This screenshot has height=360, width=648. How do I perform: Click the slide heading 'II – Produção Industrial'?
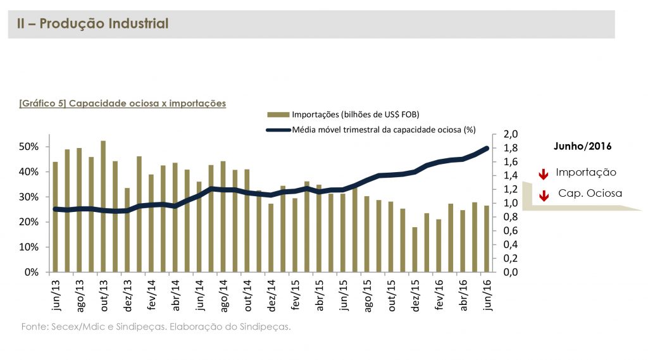pos(92,24)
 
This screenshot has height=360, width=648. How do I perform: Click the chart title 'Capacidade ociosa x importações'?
pos(123,102)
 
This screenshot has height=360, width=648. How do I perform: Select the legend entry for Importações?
pos(342,115)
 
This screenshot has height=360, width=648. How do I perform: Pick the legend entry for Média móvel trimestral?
pos(370,130)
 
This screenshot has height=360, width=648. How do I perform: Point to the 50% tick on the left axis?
pos(30,147)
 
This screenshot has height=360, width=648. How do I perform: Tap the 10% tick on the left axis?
pos(30,247)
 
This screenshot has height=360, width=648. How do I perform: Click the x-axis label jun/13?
pos(56,295)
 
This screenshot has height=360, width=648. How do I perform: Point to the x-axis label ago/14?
pos(223,295)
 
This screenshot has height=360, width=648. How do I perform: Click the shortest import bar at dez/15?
pos(415,249)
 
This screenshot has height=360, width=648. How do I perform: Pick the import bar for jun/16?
pos(487,239)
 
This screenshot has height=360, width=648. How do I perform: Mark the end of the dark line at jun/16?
pos(487,148)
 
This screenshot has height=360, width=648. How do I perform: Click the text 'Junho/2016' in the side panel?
pos(578,146)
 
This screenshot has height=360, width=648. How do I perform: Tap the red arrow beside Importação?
pos(542,174)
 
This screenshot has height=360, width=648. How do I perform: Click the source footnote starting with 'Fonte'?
pos(156,327)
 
